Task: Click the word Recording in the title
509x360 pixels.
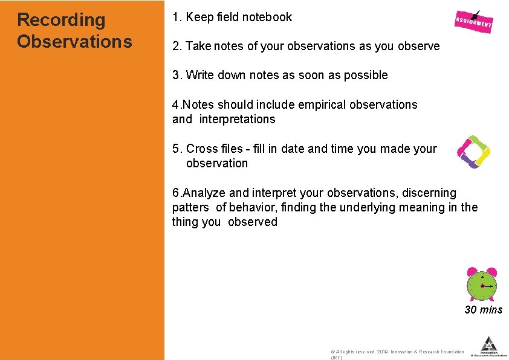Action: click(x=61, y=20)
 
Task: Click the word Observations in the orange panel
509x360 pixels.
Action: click(x=74, y=42)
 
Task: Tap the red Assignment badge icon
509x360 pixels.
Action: click(x=473, y=22)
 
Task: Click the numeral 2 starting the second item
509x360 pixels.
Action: click(x=175, y=47)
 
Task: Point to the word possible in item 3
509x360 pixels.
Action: click(x=366, y=76)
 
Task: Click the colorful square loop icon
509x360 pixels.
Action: click(x=473, y=152)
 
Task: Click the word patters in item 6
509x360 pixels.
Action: click(x=190, y=208)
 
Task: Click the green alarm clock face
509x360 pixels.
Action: click(x=482, y=286)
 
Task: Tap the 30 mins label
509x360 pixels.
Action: click(x=483, y=310)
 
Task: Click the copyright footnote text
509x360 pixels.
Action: click(x=397, y=352)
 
